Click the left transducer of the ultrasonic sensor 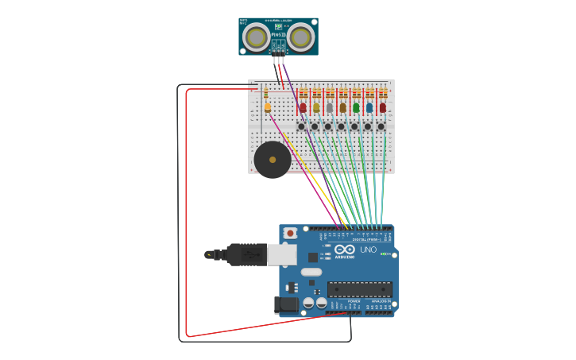255,37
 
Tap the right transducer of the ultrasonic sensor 300,37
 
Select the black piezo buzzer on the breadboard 272,160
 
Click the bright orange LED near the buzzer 268,107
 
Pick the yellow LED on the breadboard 316,107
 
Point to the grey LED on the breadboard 329,107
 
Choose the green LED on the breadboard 356,107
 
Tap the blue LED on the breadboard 369,107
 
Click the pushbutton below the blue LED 368,126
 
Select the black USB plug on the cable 246,254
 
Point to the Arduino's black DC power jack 285,304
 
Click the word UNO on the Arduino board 369,250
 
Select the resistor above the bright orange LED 265,94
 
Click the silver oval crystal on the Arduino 311,272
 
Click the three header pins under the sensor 278,60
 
